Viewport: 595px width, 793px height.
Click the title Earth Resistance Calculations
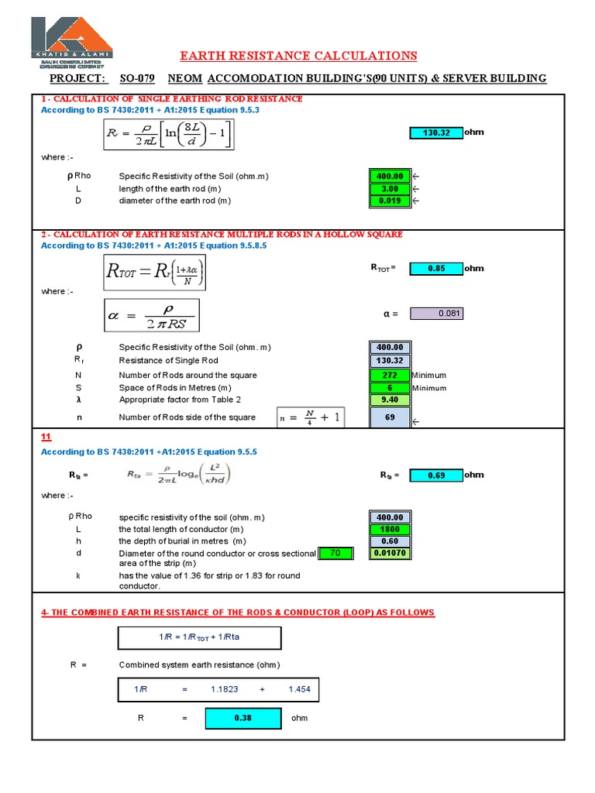click(x=298, y=56)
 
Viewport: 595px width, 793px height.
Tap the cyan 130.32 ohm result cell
click(x=435, y=132)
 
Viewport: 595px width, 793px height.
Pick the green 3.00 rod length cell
click(x=390, y=189)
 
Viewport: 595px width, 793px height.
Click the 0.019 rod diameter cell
click(x=390, y=201)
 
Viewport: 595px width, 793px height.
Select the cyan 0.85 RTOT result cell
click(x=435, y=269)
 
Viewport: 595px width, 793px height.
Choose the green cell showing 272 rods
click(x=390, y=375)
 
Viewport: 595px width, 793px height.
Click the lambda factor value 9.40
click(x=390, y=400)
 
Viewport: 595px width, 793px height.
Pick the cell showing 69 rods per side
click(x=390, y=417)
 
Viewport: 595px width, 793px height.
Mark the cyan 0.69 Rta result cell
click(x=435, y=475)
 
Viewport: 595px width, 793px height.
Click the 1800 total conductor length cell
click(x=390, y=529)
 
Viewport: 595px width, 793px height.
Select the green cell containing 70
click(x=335, y=553)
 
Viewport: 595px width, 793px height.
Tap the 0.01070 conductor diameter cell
click(x=390, y=553)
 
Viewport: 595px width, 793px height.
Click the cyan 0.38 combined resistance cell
click(x=243, y=718)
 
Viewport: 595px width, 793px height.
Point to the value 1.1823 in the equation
click(x=224, y=690)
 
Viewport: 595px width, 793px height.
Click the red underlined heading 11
click(x=45, y=438)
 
